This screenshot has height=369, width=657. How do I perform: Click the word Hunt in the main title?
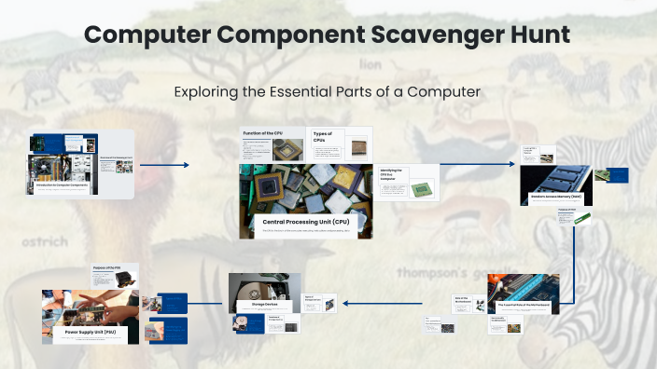coord(537,35)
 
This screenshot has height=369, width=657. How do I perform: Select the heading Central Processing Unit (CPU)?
coord(306,222)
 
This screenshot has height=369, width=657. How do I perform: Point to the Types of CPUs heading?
coord(322,136)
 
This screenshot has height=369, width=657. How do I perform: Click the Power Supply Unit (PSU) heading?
coord(89,331)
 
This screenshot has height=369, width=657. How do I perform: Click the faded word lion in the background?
coord(371,66)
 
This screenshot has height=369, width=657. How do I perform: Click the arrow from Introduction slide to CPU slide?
coord(164,165)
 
